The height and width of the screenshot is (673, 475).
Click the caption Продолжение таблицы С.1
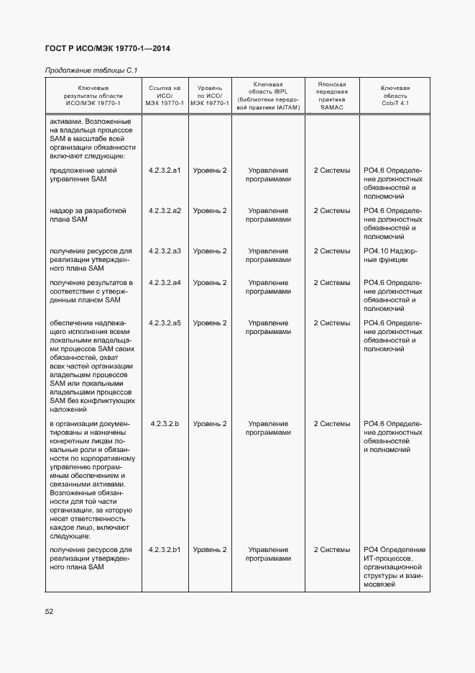[x=91, y=70]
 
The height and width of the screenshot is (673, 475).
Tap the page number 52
[x=49, y=611]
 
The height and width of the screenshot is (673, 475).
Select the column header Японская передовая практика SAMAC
[x=332, y=95]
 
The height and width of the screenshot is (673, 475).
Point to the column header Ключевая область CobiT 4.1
[x=395, y=95]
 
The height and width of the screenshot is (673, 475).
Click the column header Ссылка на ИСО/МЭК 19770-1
[x=165, y=95]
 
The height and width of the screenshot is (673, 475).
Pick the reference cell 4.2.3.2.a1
[x=165, y=171]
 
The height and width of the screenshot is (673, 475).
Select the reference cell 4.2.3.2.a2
[x=165, y=211]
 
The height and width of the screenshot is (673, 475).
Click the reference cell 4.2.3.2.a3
[x=165, y=251]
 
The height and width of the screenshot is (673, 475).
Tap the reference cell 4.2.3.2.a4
[x=165, y=283]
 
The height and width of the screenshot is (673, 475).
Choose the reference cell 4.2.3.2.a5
[x=165, y=323]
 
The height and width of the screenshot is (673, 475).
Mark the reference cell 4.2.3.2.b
[x=165, y=424]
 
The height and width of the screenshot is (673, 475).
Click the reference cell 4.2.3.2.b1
[x=165, y=550]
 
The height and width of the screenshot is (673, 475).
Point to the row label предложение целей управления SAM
[x=83, y=175]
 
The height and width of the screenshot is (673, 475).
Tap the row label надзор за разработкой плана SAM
[x=88, y=215]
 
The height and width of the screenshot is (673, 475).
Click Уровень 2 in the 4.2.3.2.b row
[x=210, y=424]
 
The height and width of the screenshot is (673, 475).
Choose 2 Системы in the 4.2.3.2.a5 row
[x=332, y=323]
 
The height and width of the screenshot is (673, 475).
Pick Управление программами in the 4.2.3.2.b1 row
[x=268, y=554]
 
